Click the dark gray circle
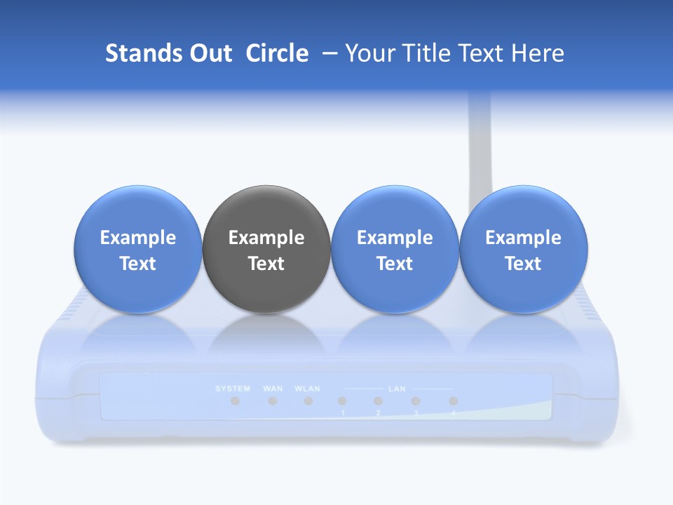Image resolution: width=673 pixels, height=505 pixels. point(266,249)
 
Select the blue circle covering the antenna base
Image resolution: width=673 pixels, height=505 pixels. point(524,249)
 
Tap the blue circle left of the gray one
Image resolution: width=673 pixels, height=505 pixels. point(138,249)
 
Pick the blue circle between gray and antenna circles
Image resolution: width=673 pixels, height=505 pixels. point(395,249)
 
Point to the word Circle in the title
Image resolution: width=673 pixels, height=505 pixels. point(277,53)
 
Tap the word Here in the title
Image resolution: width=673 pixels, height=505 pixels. point(537,53)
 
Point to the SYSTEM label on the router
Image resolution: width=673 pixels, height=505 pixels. point(233,389)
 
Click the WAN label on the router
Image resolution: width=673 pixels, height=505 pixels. point(273,389)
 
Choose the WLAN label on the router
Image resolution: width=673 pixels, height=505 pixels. point(308,389)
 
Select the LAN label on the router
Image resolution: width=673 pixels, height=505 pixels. point(397,389)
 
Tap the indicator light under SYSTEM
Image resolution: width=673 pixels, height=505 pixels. point(236,401)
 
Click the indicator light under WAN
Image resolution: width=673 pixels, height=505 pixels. point(273,401)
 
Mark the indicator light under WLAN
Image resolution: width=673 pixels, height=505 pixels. point(308,401)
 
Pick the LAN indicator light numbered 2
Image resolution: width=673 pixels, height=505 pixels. point(379,401)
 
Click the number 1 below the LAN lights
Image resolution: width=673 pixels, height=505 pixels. point(343,413)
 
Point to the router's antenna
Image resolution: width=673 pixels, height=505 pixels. point(480,147)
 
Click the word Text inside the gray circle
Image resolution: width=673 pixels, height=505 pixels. point(266,264)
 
